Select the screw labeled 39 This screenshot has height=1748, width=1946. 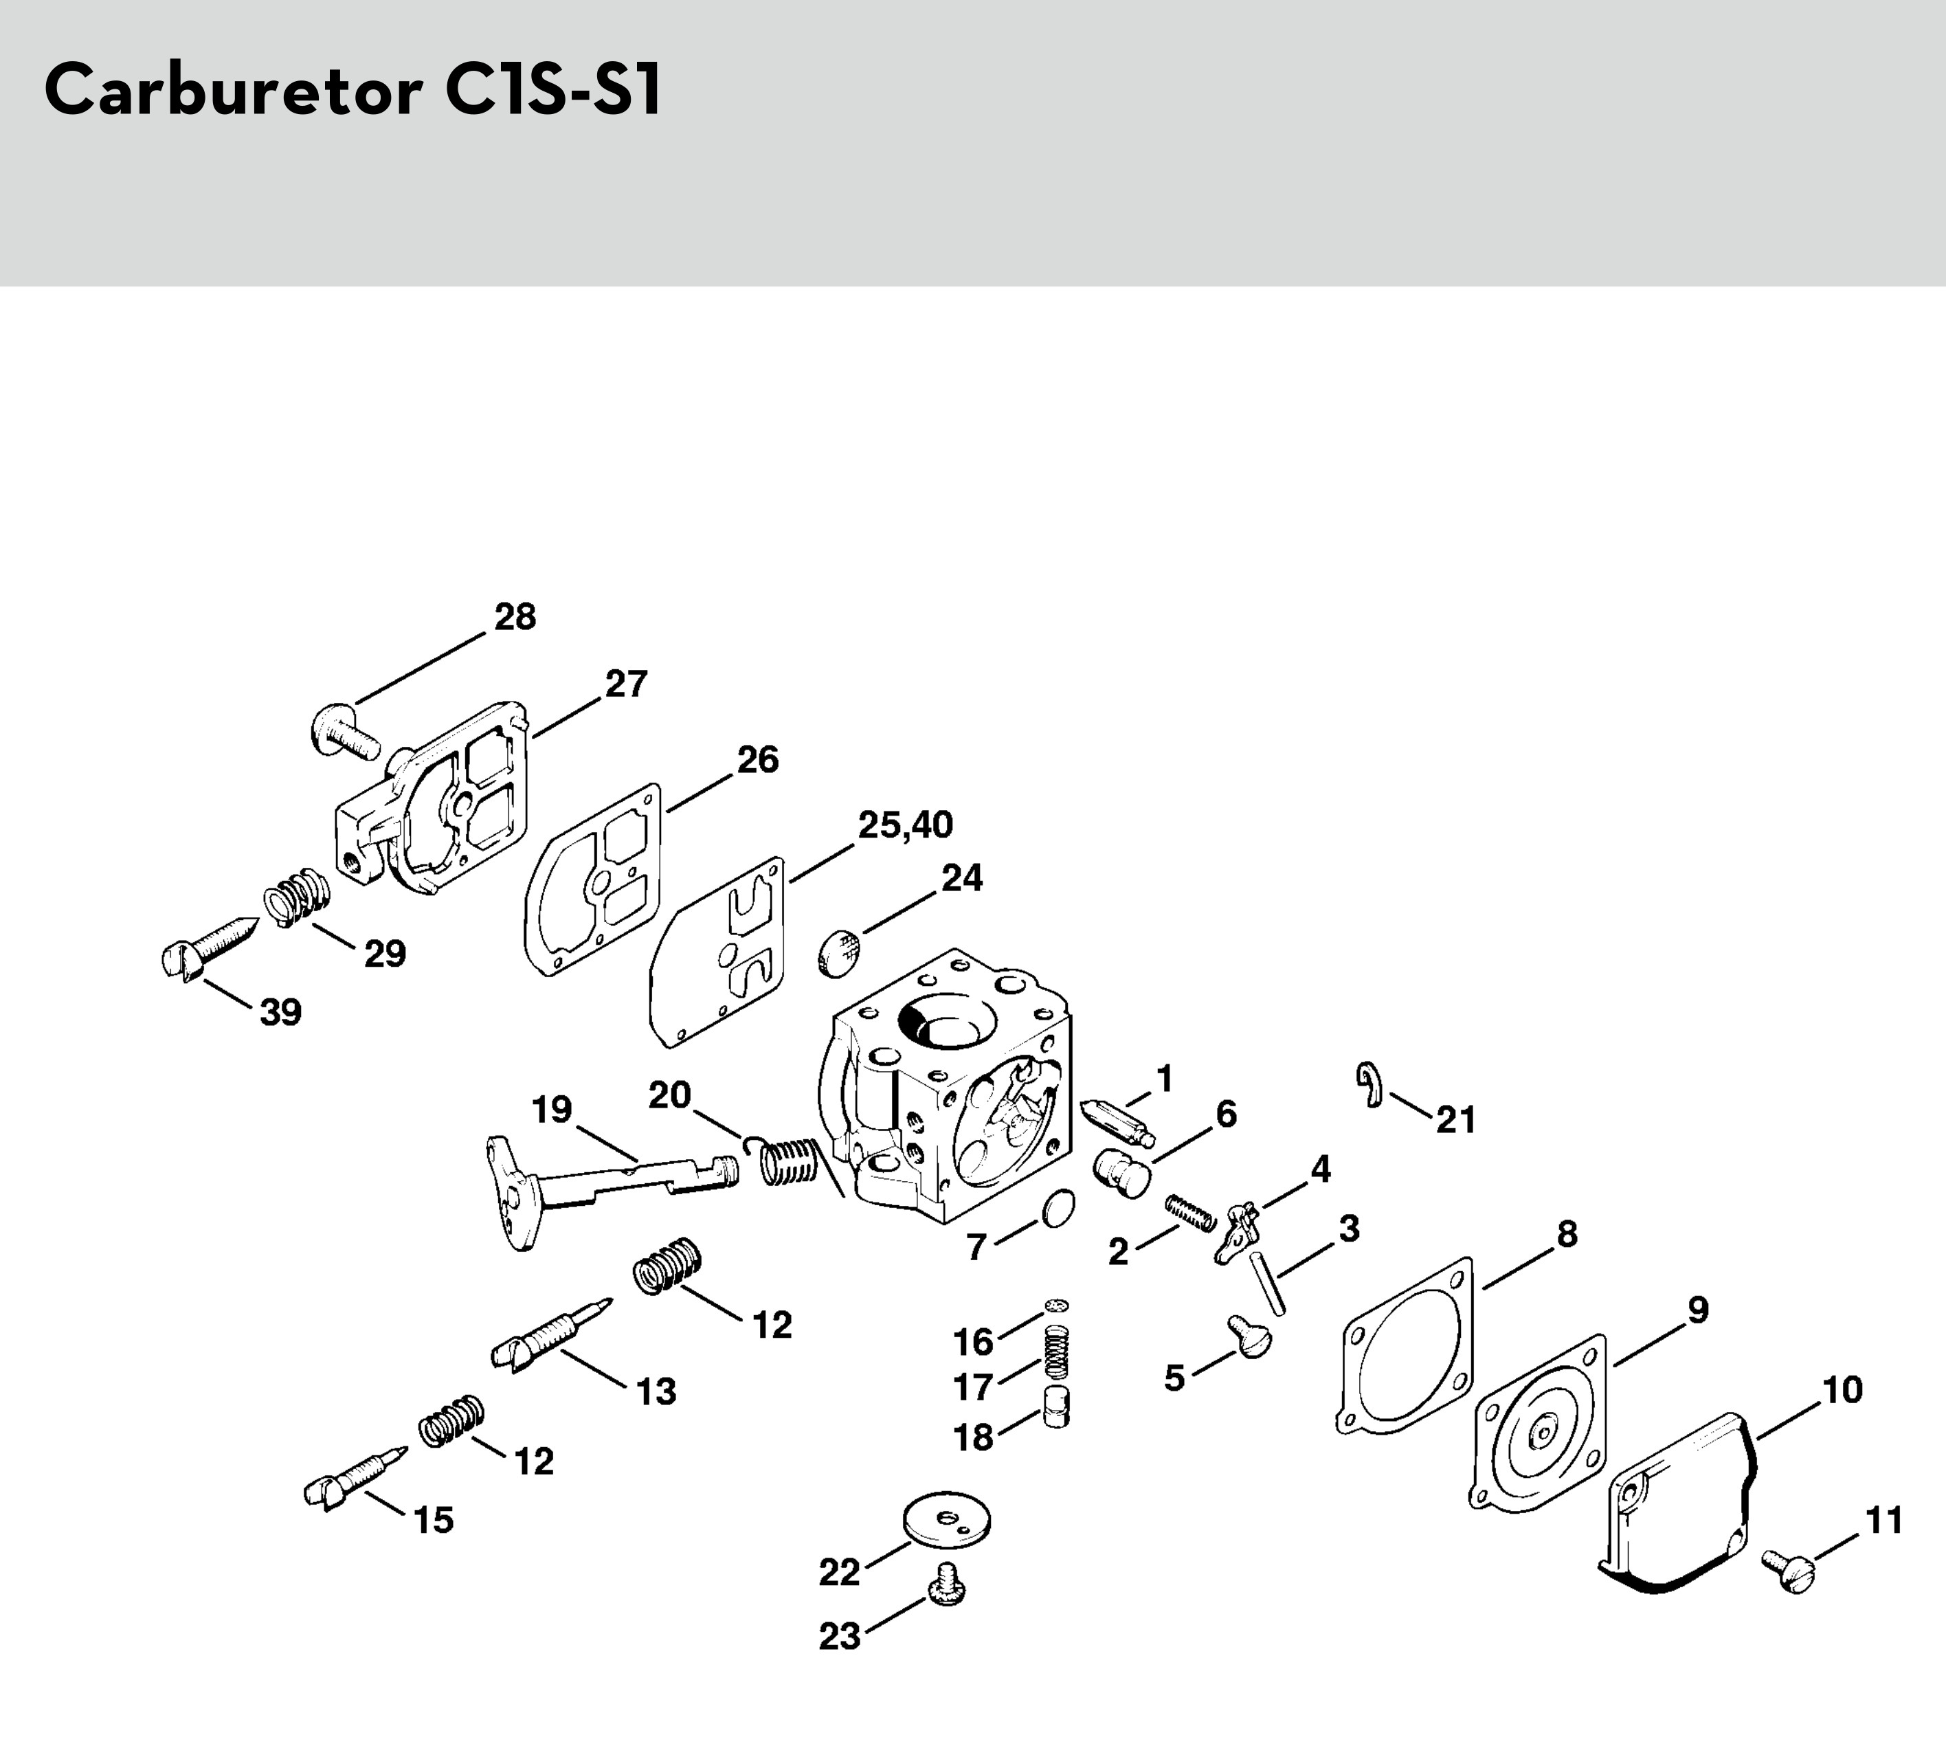[207, 947]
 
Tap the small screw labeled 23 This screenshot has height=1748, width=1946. [947, 1589]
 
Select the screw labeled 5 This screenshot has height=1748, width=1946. [1249, 1336]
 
